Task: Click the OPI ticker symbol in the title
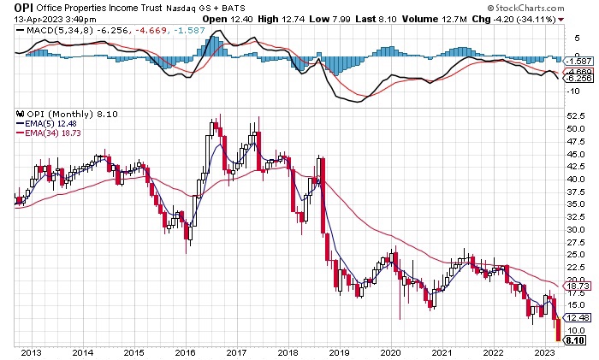(22, 8)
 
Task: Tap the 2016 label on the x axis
(185, 352)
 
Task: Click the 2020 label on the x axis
(390, 352)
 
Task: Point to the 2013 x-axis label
(32, 352)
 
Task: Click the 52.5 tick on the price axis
(575, 115)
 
